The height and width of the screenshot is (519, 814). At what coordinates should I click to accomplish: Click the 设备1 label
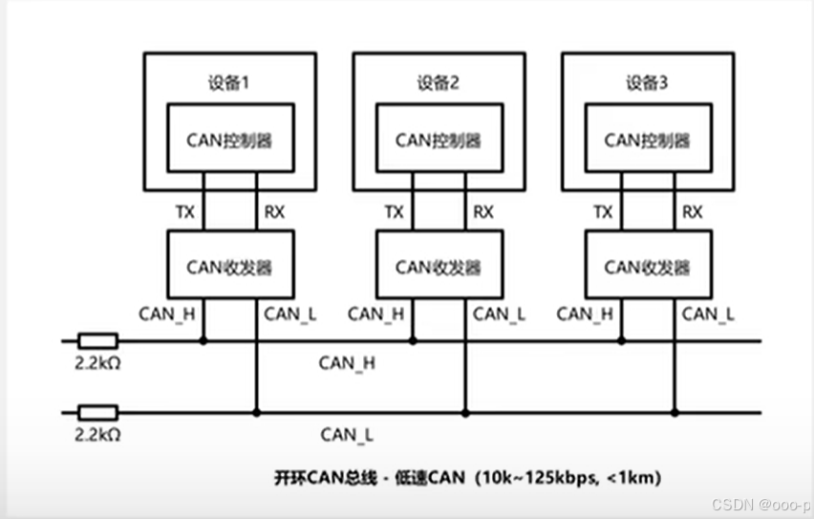pyautogui.click(x=228, y=83)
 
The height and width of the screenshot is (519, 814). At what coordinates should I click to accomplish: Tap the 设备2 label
pyautogui.click(x=438, y=83)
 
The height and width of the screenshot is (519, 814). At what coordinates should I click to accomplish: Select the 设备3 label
pyautogui.click(x=647, y=83)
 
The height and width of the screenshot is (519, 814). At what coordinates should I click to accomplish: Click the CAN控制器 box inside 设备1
pyautogui.click(x=229, y=140)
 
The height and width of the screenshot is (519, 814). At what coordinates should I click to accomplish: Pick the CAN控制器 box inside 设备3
pyautogui.click(x=648, y=140)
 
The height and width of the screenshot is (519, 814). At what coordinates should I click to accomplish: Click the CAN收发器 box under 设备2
pyautogui.click(x=439, y=266)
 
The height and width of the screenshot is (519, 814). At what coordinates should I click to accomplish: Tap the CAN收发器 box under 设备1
pyautogui.click(x=229, y=266)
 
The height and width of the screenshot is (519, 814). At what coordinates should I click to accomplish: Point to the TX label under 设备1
pyautogui.click(x=184, y=212)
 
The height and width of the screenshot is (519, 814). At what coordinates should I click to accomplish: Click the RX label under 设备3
pyautogui.click(x=692, y=212)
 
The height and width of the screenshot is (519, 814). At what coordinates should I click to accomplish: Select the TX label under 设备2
pyautogui.click(x=394, y=212)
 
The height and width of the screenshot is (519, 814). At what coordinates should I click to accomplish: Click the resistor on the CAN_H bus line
pyautogui.click(x=97, y=340)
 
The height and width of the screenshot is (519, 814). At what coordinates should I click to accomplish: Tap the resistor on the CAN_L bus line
pyautogui.click(x=97, y=412)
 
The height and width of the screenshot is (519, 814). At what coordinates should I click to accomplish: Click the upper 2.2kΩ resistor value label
pyautogui.click(x=96, y=362)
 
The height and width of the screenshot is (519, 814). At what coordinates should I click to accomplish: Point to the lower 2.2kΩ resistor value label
pyautogui.click(x=96, y=434)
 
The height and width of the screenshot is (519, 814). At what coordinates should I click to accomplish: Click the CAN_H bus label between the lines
pyautogui.click(x=347, y=362)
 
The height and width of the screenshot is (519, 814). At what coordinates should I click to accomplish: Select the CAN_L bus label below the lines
pyautogui.click(x=347, y=435)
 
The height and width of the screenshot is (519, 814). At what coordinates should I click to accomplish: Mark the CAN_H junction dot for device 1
pyautogui.click(x=203, y=340)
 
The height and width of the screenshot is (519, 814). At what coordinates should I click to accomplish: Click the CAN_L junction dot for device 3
pyautogui.click(x=675, y=413)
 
